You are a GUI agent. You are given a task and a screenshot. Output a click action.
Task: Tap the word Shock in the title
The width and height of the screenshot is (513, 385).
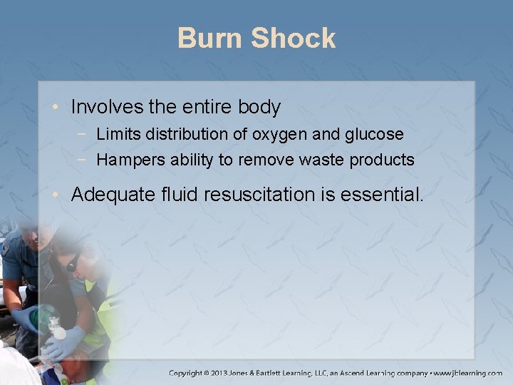tap(294, 38)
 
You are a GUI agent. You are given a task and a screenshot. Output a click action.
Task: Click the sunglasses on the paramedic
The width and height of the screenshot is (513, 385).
tap(73, 265)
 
